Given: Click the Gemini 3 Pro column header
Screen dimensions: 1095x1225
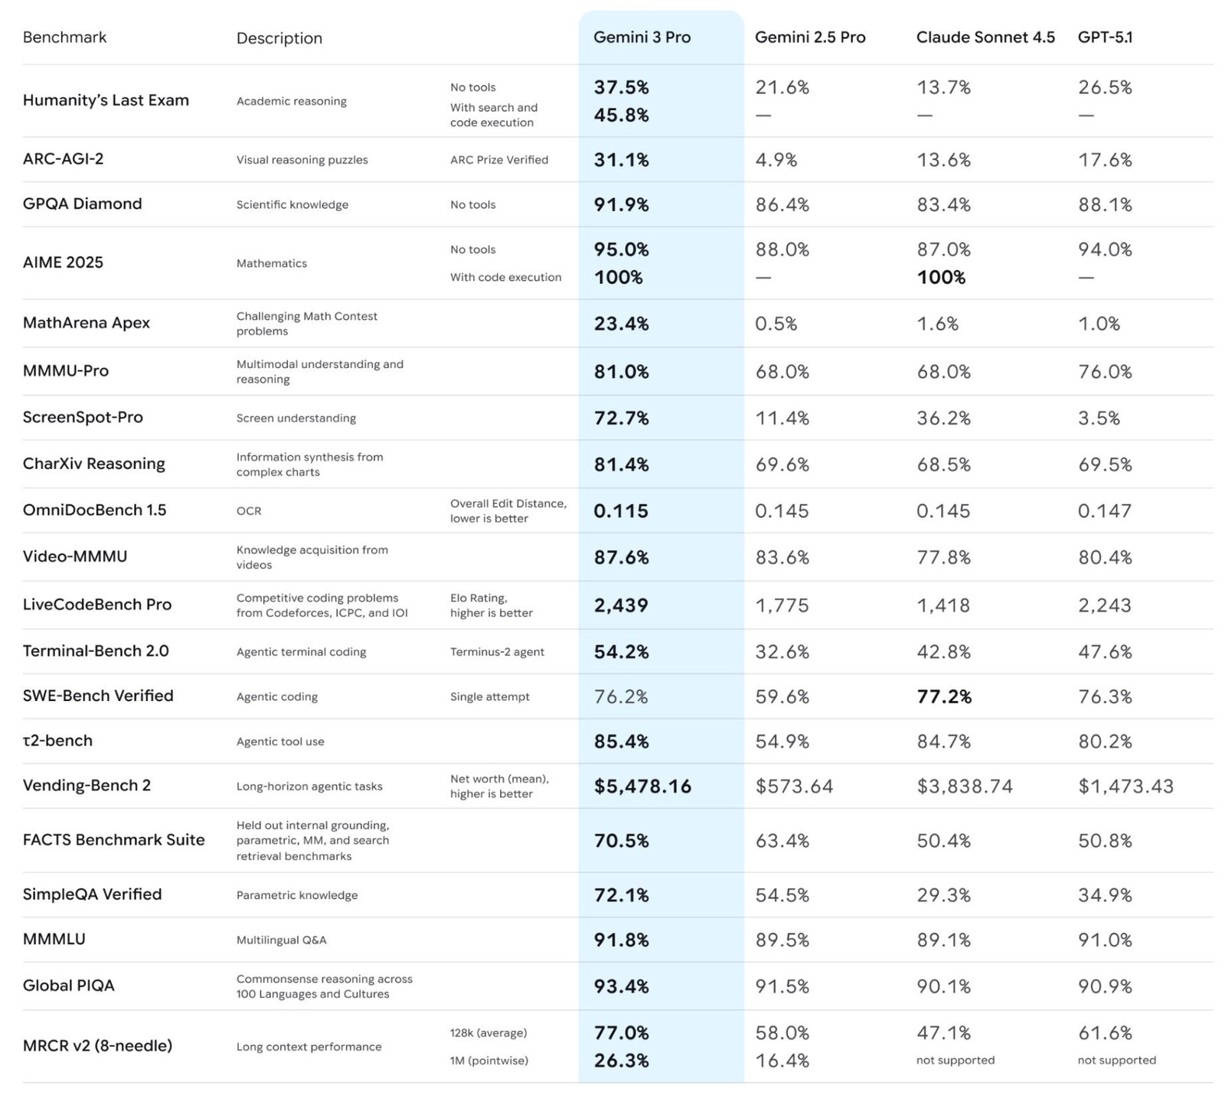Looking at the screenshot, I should pyautogui.click(x=642, y=37).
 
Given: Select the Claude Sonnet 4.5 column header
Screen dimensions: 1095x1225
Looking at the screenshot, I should pyautogui.click(x=985, y=37).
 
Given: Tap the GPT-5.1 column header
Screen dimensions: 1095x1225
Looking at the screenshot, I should pyautogui.click(x=1105, y=37).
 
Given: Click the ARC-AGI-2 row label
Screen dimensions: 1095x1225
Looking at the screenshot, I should pyautogui.click(x=63, y=159).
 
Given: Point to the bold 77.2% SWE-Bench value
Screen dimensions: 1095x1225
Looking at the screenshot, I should pyautogui.click(x=944, y=696).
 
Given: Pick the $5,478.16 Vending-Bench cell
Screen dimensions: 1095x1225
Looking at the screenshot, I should pyautogui.click(x=642, y=786).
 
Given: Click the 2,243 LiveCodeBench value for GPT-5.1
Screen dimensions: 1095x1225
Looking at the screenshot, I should pyautogui.click(x=1104, y=605).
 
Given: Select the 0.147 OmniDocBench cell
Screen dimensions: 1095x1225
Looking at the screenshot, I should pyautogui.click(x=1104, y=510).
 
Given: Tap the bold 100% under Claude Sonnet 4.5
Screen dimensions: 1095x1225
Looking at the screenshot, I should pyautogui.click(x=941, y=277).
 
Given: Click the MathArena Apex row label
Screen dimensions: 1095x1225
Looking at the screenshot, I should pyautogui.click(x=87, y=323).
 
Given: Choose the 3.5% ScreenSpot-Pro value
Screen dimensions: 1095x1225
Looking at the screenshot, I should pyautogui.click(x=1099, y=418).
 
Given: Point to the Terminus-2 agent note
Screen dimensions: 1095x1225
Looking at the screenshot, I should pyautogui.click(x=497, y=652).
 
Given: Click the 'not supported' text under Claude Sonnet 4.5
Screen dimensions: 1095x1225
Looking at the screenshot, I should pyautogui.click(x=955, y=1060).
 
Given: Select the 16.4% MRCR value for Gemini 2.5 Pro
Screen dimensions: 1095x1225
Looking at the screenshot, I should pyautogui.click(x=782, y=1061).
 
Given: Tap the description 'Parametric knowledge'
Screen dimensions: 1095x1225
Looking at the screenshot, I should pyautogui.click(x=296, y=895).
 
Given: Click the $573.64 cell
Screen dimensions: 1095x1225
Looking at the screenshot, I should pyautogui.click(x=793, y=786).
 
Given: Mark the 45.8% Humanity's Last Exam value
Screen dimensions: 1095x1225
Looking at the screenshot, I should pyautogui.click(x=621, y=115).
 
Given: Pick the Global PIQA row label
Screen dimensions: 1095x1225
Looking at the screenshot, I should pyautogui.click(x=68, y=986).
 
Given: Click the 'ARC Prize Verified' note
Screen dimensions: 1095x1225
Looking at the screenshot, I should pyautogui.click(x=498, y=160).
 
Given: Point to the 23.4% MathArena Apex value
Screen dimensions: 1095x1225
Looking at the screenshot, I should pyautogui.click(x=621, y=324).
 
